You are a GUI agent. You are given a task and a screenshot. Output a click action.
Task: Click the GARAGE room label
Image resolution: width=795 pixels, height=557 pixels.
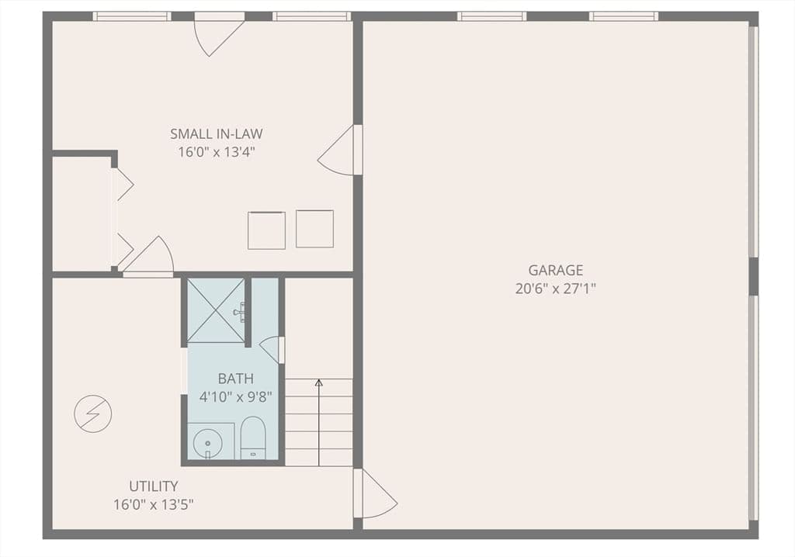(x=556, y=270)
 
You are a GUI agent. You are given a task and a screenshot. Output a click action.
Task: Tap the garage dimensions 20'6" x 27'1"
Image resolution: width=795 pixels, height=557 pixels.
(x=556, y=289)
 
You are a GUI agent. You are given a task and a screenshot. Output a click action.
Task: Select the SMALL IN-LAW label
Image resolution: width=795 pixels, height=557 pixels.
(x=217, y=133)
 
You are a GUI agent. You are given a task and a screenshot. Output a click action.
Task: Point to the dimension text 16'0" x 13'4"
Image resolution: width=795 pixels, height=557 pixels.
(x=217, y=152)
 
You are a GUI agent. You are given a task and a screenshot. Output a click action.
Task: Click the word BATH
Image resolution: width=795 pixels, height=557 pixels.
(x=236, y=379)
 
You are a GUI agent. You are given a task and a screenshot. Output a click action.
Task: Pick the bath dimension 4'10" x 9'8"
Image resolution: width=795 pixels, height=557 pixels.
(x=236, y=397)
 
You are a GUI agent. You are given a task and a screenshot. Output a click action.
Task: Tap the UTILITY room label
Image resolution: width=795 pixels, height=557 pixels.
(x=154, y=486)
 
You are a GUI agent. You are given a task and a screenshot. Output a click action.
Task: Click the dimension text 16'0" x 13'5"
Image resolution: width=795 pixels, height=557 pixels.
(x=154, y=505)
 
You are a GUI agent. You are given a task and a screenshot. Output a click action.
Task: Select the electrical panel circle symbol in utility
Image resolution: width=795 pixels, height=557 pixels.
(x=93, y=413)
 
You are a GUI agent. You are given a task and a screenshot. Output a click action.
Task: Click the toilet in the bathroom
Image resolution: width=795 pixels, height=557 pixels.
(x=252, y=438)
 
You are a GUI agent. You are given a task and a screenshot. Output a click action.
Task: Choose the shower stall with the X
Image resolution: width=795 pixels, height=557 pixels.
(x=217, y=310)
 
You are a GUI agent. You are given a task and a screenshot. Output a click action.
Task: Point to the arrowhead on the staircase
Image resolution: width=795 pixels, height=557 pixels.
(x=319, y=382)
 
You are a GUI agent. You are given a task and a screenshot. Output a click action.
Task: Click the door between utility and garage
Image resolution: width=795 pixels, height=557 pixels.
(x=376, y=493)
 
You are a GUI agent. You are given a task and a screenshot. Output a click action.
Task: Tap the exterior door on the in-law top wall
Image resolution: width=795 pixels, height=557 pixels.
(x=219, y=34)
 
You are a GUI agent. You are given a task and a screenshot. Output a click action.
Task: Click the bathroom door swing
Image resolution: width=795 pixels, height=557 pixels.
(x=272, y=350)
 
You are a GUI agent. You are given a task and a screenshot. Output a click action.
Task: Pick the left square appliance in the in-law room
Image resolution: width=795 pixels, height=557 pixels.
(x=267, y=230)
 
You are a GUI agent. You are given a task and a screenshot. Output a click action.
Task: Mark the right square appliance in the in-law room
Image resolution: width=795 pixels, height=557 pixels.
(x=315, y=229)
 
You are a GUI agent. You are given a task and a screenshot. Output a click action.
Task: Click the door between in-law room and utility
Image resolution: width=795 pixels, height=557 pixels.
(x=148, y=257)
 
